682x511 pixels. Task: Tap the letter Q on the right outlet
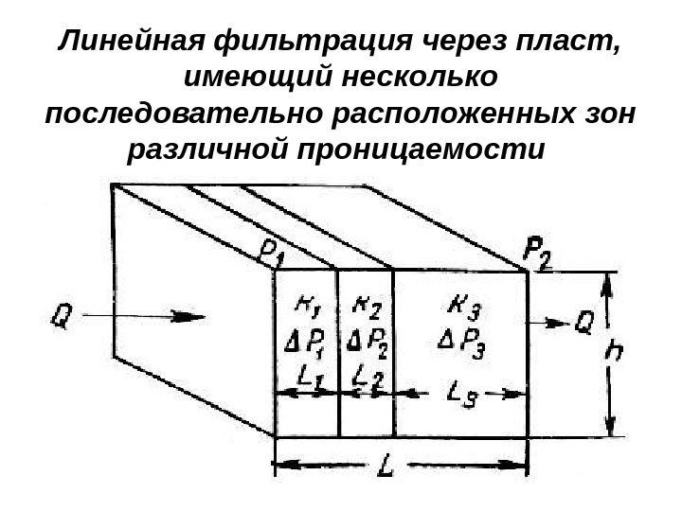coord(585,325)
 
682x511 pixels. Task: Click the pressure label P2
coord(539,254)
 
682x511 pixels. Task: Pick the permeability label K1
coord(305,305)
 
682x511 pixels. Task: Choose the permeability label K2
coord(364,305)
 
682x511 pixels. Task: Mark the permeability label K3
coord(455,306)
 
